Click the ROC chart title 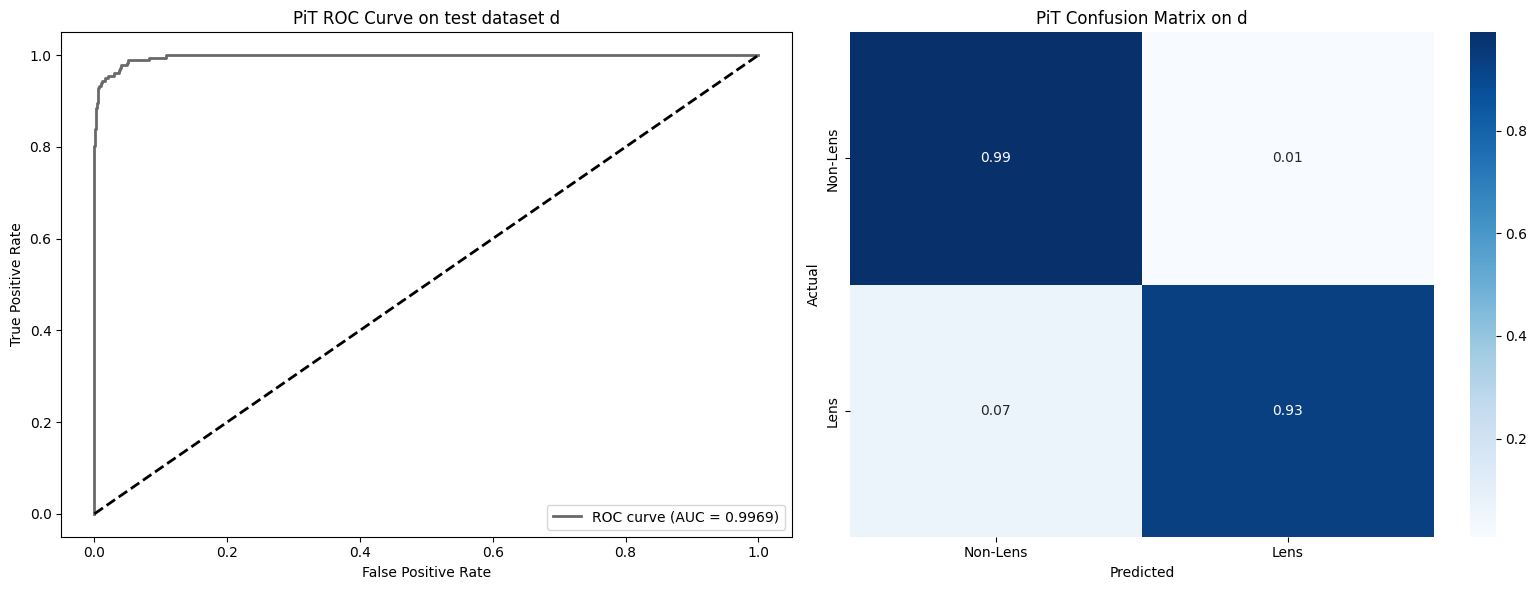tap(426, 18)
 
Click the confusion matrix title tap(1141, 18)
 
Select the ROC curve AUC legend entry tap(666, 517)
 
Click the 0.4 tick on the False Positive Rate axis tap(360, 550)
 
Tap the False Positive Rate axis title tap(426, 572)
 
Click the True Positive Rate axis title tap(17, 284)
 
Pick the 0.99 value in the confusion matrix tap(996, 158)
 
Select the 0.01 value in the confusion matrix tap(1287, 158)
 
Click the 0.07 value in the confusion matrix tap(996, 411)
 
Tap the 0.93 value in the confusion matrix tap(1287, 411)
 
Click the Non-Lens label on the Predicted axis tap(996, 552)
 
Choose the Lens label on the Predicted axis tap(1287, 552)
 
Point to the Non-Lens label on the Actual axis tap(833, 158)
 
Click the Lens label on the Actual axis tap(833, 411)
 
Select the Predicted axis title tap(1141, 573)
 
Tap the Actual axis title tap(813, 285)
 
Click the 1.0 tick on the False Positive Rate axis tap(758, 550)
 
